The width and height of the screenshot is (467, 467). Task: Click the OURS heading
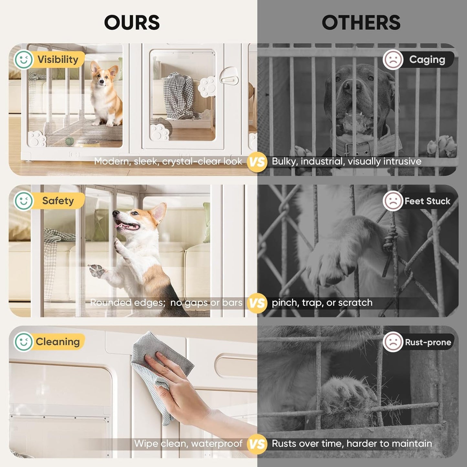click(132, 23)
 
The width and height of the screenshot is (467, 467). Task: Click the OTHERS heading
click(361, 23)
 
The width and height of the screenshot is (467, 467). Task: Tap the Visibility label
click(58, 59)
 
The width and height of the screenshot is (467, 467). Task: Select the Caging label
click(427, 59)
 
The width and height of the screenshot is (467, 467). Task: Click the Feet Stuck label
click(427, 201)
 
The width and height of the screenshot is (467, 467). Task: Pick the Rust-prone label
click(428, 342)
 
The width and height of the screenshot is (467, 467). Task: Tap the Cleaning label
click(58, 342)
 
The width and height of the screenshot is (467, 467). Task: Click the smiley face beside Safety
click(23, 201)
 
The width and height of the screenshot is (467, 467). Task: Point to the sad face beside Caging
click(393, 59)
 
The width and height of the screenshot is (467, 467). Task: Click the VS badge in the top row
click(257, 162)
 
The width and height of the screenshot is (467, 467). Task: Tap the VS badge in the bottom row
click(257, 444)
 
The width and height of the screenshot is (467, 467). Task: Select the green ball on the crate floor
click(69, 141)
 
